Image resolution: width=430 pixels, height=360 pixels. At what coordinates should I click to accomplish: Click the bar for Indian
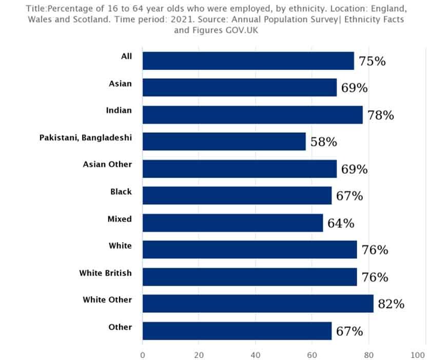pos(252,114)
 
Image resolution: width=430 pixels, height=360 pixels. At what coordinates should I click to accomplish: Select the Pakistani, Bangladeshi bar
pos(224,142)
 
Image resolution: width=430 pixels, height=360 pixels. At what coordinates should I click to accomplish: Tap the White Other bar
pos(258,304)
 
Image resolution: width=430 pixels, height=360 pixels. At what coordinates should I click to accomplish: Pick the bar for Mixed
pos(232,223)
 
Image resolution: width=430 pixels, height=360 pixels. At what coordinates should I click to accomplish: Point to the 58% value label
pos(323,142)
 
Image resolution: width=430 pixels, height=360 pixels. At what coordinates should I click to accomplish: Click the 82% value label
pos(391,304)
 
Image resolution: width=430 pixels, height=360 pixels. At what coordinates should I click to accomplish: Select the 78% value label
pos(380,115)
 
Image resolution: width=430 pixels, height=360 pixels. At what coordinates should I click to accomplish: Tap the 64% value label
pos(341,224)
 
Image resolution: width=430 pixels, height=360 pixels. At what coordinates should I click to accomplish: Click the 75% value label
pos(372,62)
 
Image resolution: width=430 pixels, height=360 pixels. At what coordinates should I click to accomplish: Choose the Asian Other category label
pos(107,165)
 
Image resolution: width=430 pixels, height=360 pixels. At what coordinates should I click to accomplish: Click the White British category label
pos(105,273)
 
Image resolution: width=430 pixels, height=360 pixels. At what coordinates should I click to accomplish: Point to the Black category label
pos(121,192)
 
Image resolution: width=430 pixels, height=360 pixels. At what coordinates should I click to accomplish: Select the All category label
pos(126,56)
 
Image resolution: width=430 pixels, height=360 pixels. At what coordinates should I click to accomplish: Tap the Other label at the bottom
pos(120,327)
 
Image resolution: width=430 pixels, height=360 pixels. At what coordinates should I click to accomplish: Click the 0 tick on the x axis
pos(143,354)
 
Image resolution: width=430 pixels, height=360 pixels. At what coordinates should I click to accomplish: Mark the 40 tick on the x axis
pos(255,354)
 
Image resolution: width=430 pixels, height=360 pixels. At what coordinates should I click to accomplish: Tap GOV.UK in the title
pos(243,30)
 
